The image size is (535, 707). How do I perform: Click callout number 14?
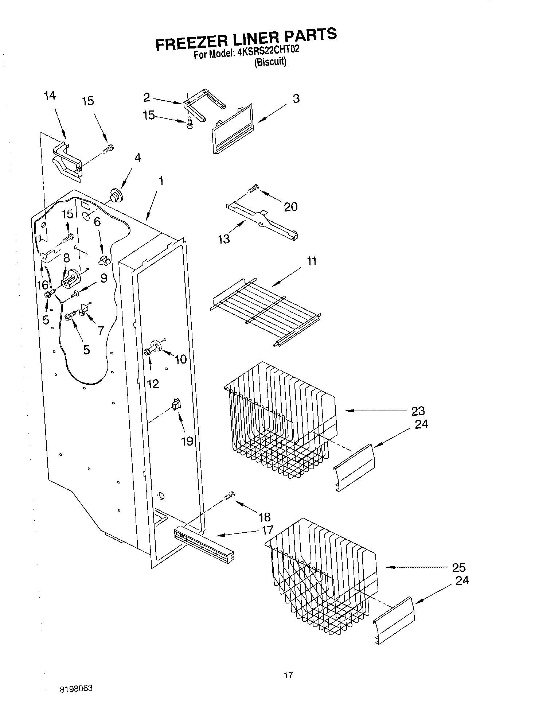(50, 96)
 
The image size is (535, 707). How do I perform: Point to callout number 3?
(296, 98)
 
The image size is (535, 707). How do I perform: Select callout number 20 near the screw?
(291, 207)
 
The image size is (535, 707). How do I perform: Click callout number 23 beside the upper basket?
(418, 411)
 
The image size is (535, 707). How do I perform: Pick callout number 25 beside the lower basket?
(459, 567)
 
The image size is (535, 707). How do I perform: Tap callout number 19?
(187, 441)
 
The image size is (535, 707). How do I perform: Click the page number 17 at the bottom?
(288, 675)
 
